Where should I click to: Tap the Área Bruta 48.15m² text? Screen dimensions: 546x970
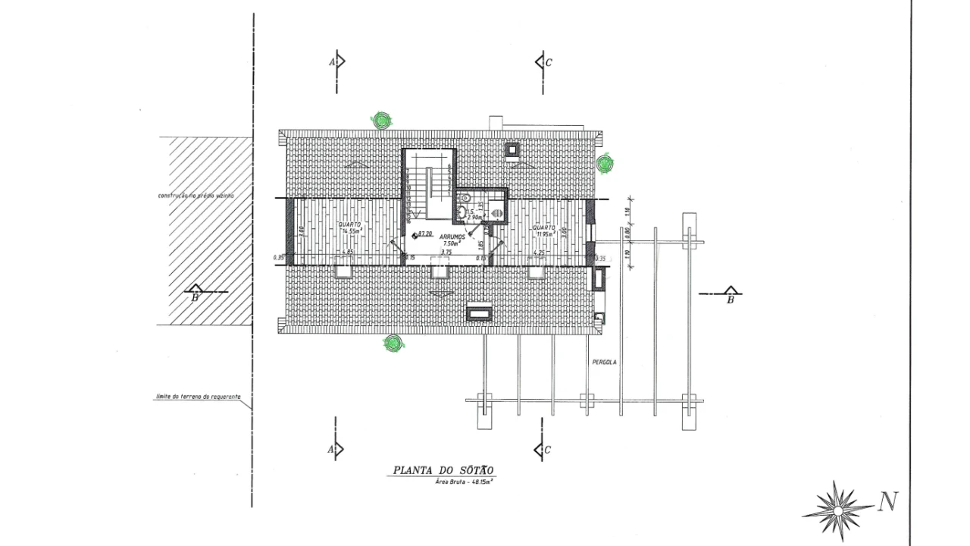click(x=465, y=482)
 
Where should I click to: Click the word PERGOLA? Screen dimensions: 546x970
click(x=605, y=362)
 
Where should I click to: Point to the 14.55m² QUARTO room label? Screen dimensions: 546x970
click(x=349, y=228)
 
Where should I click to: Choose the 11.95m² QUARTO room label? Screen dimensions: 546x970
click(x=543, y=231)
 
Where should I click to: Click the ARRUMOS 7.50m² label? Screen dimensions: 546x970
click(x=452, y=240)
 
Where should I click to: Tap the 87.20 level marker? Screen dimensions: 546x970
click(x=422, y=234)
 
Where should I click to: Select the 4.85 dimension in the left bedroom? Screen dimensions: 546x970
click(x=348, y=253)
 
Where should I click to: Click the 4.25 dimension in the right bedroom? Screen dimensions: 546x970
click(x=540, y=253)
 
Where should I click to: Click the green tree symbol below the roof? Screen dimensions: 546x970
click(x=393, y=344)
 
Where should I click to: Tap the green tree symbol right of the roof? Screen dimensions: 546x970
click(x=604, y=163)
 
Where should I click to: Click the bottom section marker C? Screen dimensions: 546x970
click(x=543, y=450)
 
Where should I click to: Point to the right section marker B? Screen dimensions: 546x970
click(x=730, y=295)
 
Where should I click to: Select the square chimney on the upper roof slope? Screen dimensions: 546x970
click(x=512, y=149)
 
